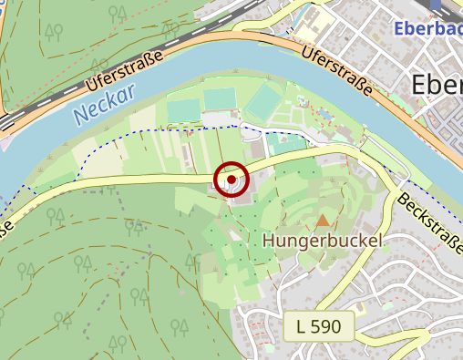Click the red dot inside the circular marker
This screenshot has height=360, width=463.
point(232,180)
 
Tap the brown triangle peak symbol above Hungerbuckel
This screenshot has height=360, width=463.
point(323,220)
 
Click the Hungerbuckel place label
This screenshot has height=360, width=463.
point(321,242)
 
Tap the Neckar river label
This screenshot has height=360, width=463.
point(104,102)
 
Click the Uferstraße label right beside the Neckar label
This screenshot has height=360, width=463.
point(125,70)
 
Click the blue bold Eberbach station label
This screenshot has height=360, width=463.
point(428,28)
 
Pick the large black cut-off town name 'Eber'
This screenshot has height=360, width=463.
point(437,84)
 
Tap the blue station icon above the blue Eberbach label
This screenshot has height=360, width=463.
point(434,5)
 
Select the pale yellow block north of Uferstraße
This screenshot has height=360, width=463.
point(315,26)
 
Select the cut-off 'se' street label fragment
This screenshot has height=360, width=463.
point(5,225)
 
